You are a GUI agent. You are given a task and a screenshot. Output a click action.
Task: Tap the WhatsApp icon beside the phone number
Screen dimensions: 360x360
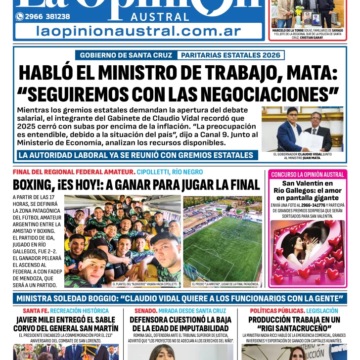pos(20,16)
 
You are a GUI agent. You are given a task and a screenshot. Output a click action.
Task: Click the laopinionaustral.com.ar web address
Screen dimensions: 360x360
pos(138,31)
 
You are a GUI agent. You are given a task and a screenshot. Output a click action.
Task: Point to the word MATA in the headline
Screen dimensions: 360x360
pos(307,73)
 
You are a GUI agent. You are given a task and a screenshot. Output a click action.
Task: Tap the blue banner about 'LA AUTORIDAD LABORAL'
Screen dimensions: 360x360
pos(135,155)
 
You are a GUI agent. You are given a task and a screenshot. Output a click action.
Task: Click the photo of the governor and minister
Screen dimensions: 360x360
pos(302,129)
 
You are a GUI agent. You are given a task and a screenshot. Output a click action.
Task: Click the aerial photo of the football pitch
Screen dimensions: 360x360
pos(222,238)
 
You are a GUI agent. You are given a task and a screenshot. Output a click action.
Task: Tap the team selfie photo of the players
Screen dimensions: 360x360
pos(122,238)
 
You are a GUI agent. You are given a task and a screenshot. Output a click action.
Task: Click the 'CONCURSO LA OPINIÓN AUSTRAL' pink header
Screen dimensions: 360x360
pos(308,175)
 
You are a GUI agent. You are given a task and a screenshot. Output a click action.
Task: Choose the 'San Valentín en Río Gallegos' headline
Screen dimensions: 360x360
pos(308,190)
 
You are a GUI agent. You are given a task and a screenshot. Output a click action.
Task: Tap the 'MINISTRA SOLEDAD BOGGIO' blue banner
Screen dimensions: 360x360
pos(180,299)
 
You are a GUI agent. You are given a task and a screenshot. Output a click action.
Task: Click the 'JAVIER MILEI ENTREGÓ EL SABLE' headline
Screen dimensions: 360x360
pos(66,323)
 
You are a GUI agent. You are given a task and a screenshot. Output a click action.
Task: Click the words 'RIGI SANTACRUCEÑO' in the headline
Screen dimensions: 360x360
pos(294,328)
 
